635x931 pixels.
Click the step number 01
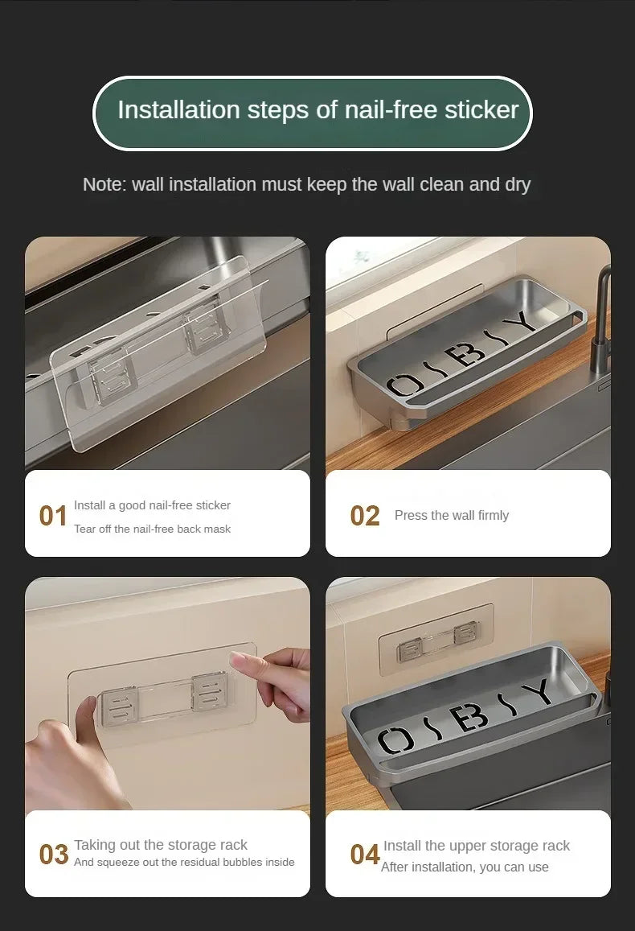click(53, 516)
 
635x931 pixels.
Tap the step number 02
click(364, 516)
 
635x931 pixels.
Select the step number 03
click(53, 855)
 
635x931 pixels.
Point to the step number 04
click(364, 855)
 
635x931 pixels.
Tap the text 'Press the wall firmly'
click(452, 516)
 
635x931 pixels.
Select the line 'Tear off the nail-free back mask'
click(152, 529)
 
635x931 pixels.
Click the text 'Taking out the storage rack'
click(161, 845)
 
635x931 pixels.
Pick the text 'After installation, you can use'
click(465, 867)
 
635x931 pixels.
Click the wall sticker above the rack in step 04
click(436, 633)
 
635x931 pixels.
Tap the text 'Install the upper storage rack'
click(476, 846)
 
